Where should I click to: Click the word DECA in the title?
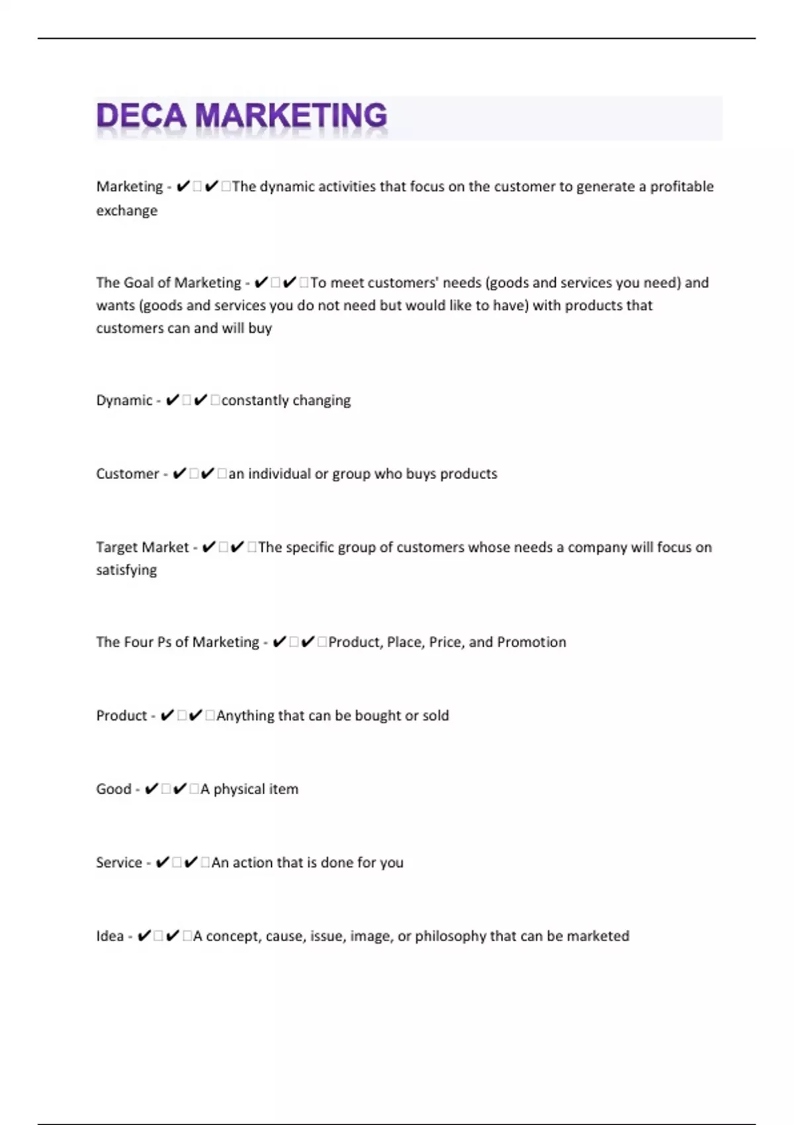(141, 116)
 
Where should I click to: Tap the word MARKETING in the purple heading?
(291, 116)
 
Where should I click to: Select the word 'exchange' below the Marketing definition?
(127, 210)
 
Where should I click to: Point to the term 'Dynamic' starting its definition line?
(124, 400)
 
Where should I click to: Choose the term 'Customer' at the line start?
(128, 474)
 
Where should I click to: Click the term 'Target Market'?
(142, 547)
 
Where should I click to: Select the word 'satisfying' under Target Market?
(126, 570)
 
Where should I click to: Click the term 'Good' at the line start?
(114, 789)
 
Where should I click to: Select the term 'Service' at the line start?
(119, 862)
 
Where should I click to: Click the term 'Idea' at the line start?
(110, 936)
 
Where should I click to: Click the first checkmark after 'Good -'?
(151, 789)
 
